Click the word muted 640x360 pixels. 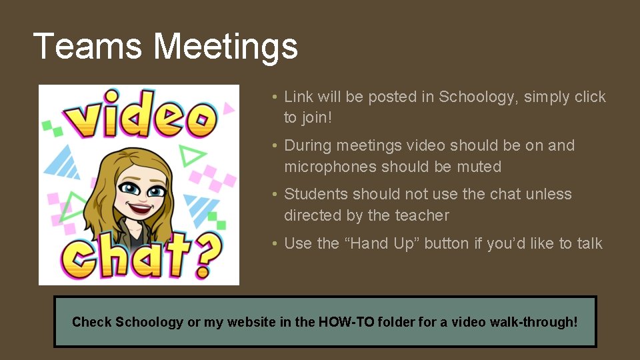(478, 167)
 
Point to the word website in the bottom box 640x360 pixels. (252, 322)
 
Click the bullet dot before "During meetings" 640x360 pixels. (275, 146)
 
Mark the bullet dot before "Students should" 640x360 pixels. (275, 195)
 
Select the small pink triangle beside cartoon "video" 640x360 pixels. (229, 106)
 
